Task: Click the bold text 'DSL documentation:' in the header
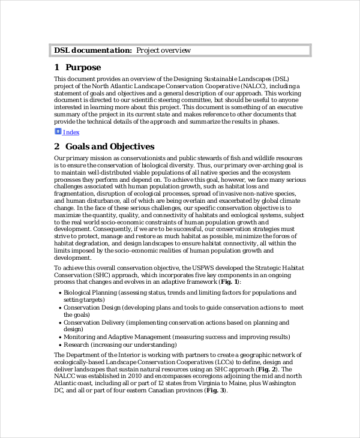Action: point(93,50)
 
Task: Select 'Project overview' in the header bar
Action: point(163,50)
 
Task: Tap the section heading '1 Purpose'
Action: point(77,67)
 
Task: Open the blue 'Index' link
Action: point(71,133)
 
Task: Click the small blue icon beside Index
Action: point(58,132)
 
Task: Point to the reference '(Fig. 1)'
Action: point(229,281)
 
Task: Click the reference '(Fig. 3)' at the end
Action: point(215,390)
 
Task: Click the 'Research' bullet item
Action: point(79,345)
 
